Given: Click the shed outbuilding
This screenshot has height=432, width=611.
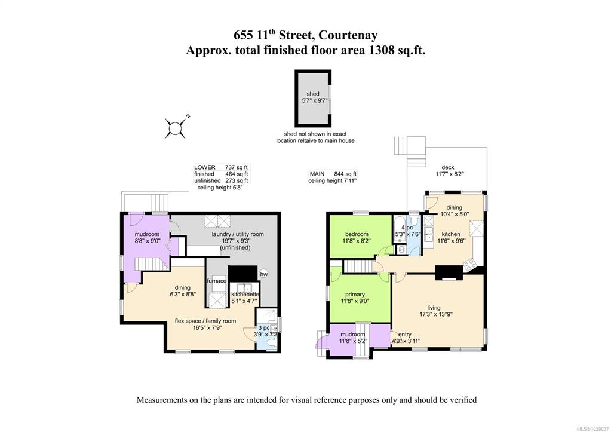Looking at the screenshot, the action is (x=313, y=98).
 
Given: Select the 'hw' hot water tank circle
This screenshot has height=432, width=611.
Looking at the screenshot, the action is (x=264, y=274).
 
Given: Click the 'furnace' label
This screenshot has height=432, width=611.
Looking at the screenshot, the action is (x=217, y=281).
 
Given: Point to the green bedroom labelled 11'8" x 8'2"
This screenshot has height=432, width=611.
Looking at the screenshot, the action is (x=360, y=236).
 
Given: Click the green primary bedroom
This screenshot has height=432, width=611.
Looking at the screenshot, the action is (x=360, y=298).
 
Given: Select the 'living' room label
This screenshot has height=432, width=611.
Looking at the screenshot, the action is (x=434, y=308).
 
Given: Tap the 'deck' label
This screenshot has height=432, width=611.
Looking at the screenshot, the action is (x=448, y=167).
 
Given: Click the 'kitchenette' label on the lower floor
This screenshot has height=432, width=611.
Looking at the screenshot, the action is (x=245, y=295).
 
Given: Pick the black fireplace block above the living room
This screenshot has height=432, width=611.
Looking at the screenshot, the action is (x=449, y=273).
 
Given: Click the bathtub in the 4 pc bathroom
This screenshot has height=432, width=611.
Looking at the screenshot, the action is (x=399, y=230).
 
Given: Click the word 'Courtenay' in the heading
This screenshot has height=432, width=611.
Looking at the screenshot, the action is (x=348, y=35).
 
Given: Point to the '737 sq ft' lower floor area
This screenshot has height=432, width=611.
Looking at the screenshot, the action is (x=236, y=167).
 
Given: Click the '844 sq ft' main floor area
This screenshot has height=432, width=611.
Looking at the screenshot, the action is (x=345, y=174).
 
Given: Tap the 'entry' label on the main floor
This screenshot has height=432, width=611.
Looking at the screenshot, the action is (x=405, y=334).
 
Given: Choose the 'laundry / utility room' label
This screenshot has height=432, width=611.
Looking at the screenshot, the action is (x=238, y=234).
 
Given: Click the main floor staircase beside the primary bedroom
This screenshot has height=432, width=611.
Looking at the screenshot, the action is (x=357, y=267).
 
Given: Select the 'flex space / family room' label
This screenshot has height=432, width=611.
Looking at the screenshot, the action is (x=205, y=321).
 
